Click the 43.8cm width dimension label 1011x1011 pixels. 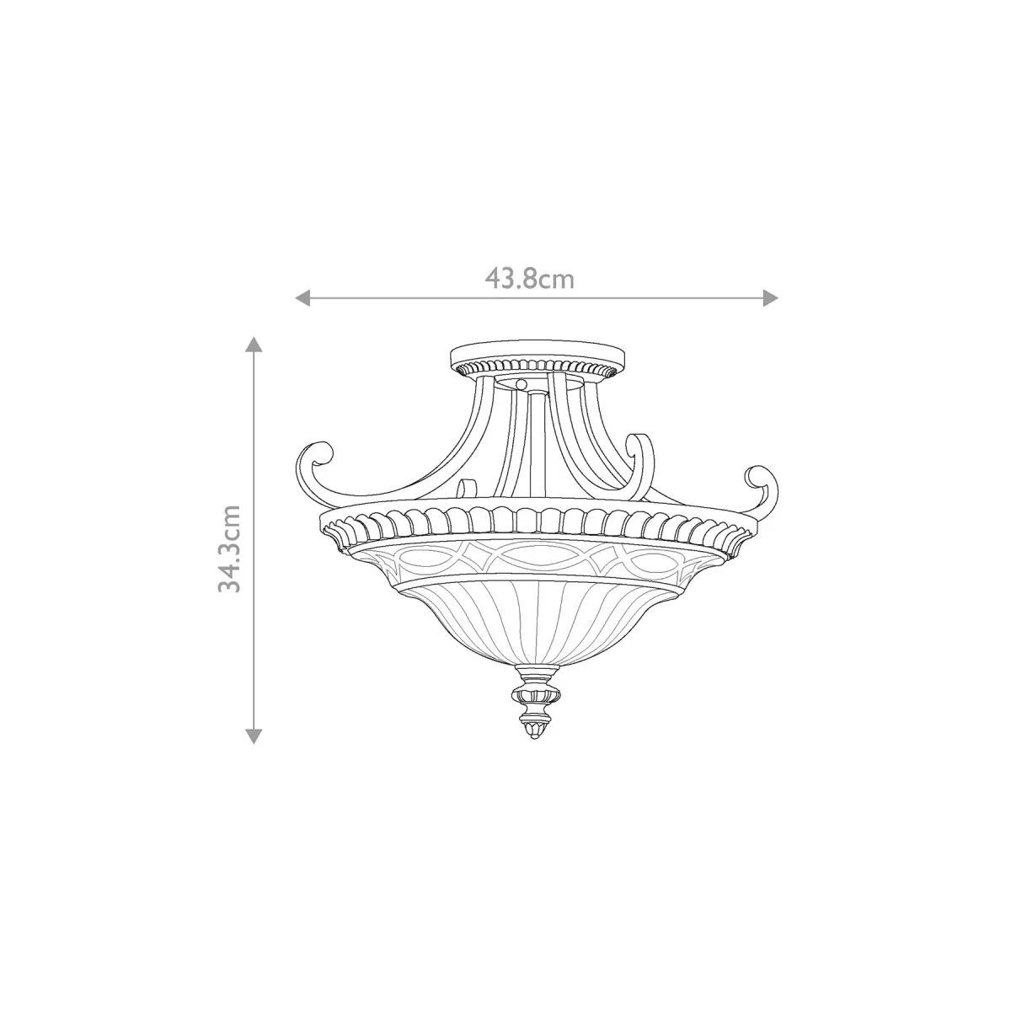pyautogui.click(x=529, y=280)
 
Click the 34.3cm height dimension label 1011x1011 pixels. pyautogui.click(x=229, y=548)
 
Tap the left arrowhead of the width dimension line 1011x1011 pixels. pyautogui.click(x=302, y=298)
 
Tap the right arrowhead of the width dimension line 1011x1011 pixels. pyautogui.click(x=770, y=298)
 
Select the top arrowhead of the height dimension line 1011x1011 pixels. pyautogui.click(x=254, y=345)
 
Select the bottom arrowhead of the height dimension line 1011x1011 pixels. pyautogui.click(x=254, y=736)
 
